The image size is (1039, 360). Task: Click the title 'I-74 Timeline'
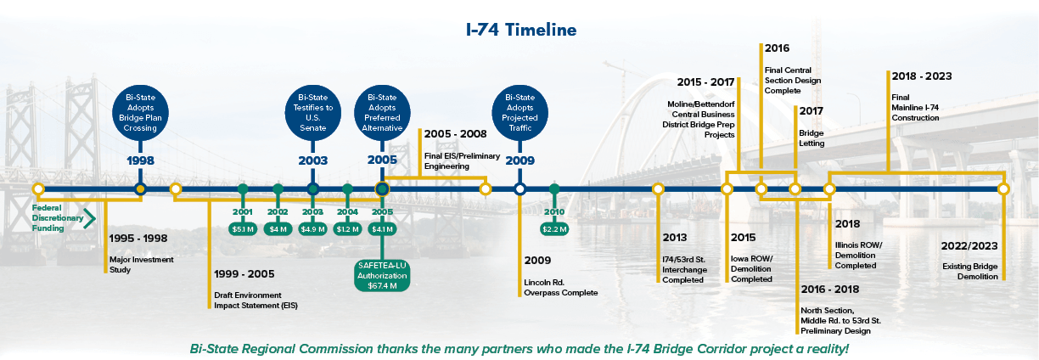coord(521,31)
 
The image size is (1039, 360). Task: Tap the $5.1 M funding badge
coord(243,228)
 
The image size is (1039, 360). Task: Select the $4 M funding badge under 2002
coord(278,228)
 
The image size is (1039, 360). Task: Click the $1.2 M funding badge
coord(347,228)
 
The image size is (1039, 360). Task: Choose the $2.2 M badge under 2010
coord(554,228)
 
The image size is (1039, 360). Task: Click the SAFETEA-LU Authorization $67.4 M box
coord(382,276)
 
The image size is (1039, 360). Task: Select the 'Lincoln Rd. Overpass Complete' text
coord(560,287)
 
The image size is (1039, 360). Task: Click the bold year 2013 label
coord(676,238)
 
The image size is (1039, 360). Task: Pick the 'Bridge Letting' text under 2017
coord(812,138)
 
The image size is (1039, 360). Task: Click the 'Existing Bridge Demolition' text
coord(969,271)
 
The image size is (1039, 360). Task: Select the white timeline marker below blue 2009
coord(519,188)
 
